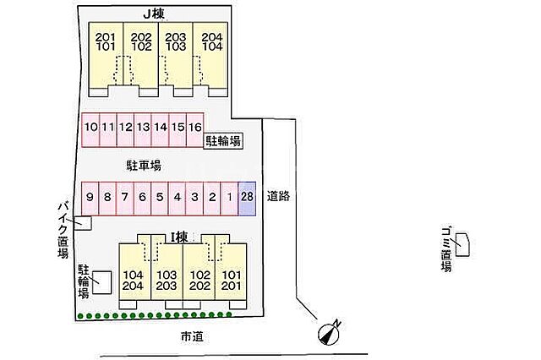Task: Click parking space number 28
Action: (247, 198)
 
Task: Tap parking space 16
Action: (194, 128)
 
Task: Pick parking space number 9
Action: (90, 198)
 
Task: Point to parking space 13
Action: (142, 128)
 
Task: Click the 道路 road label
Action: (278, 196)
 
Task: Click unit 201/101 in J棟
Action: (107, 43)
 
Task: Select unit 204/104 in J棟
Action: (211, 43)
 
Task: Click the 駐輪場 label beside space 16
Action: (224, 142)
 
